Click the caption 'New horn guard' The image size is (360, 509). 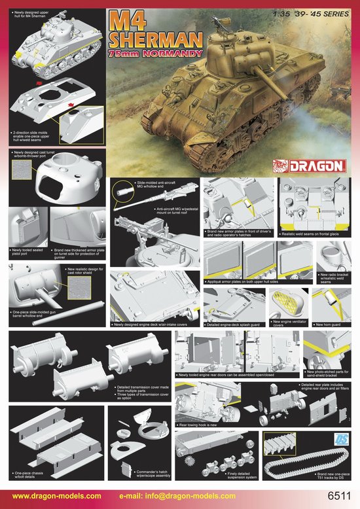(331, 325)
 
